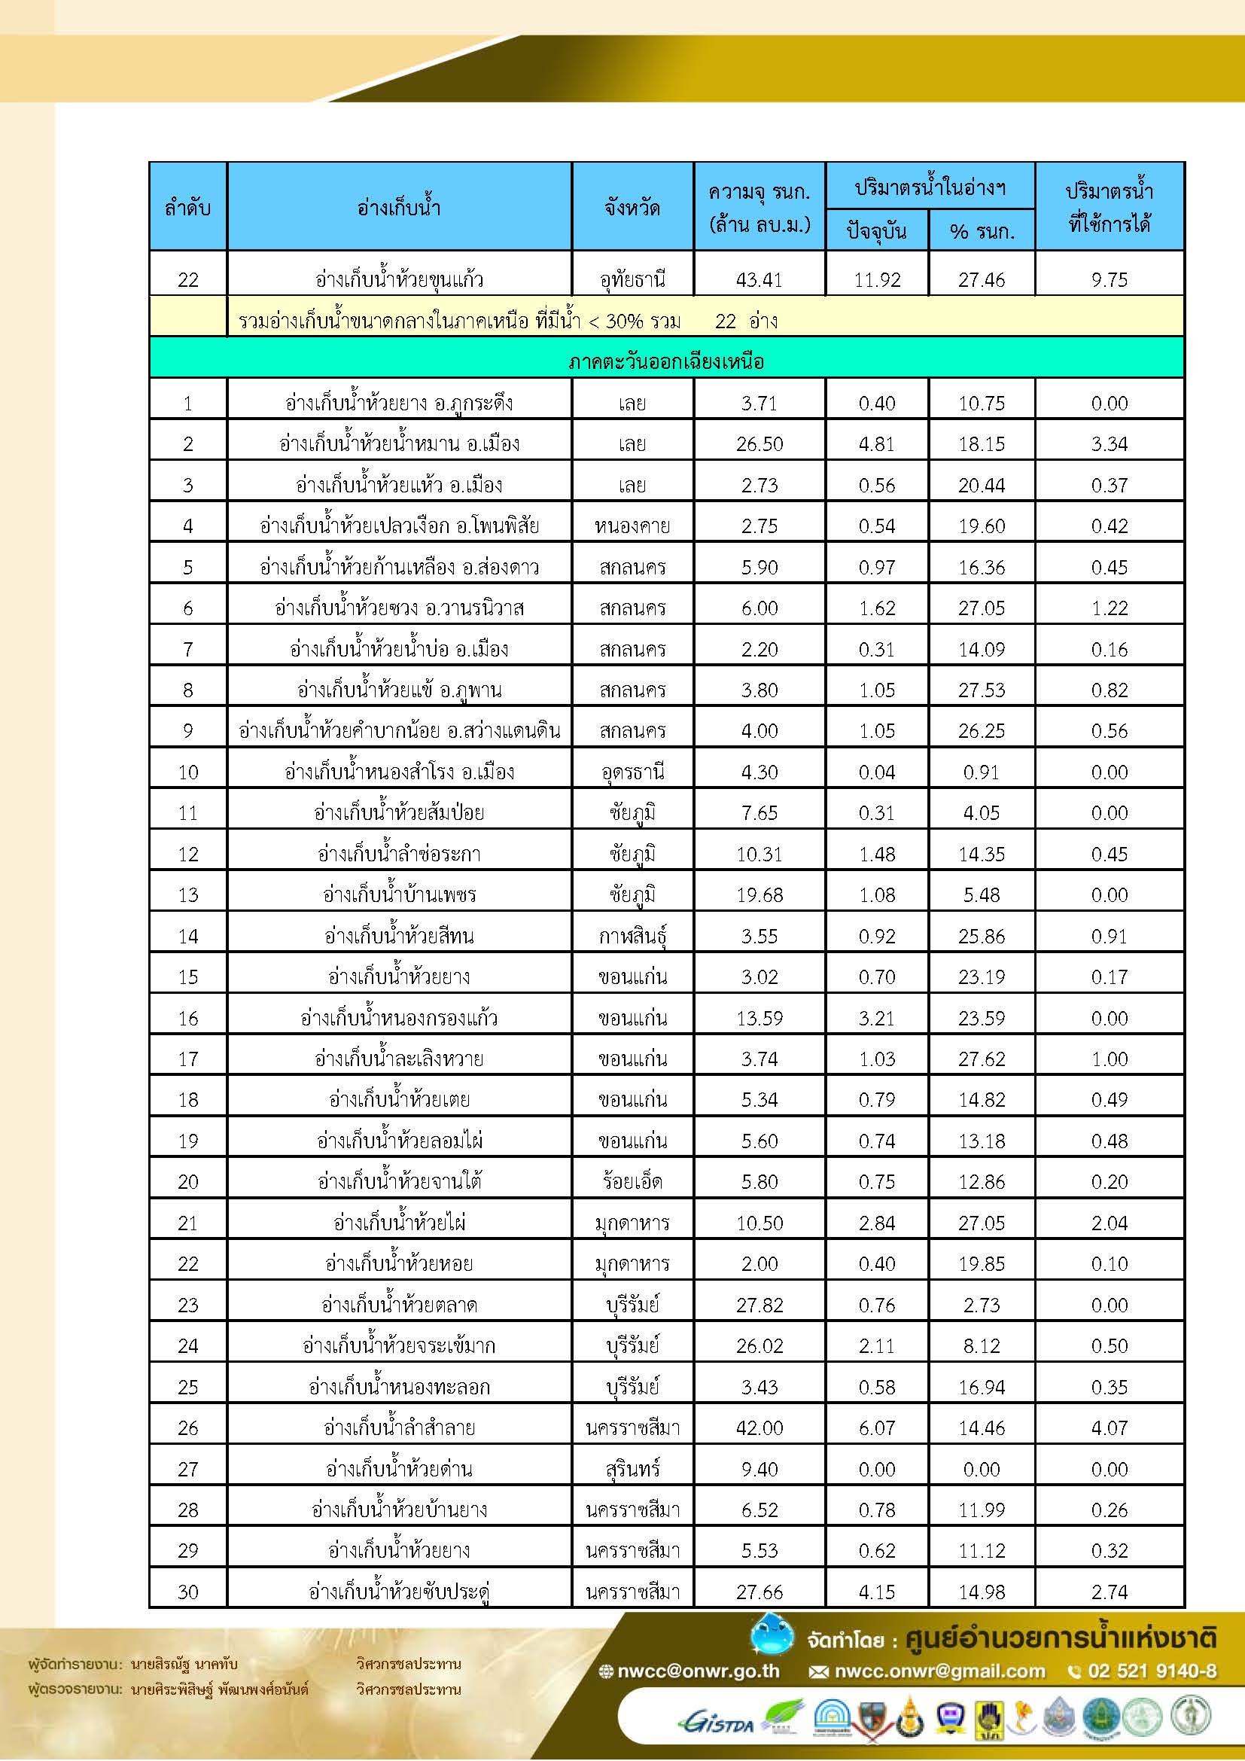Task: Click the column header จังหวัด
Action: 632,206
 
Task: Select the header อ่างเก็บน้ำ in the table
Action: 399,206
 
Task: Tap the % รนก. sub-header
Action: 982,230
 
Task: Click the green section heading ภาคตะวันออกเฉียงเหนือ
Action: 666,361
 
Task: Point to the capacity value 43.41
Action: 759,279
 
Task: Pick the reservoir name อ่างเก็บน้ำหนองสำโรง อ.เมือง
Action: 399,772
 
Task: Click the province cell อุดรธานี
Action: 632,772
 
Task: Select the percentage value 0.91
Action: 982,772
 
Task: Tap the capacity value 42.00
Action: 759,1427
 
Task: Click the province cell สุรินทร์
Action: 632,1469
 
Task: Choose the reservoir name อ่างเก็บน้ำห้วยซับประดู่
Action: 399,1592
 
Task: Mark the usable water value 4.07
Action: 1110,1427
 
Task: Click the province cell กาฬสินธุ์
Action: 632,936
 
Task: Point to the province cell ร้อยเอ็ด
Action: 632,1181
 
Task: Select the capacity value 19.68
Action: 759,894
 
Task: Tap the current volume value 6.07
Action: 877,1427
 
